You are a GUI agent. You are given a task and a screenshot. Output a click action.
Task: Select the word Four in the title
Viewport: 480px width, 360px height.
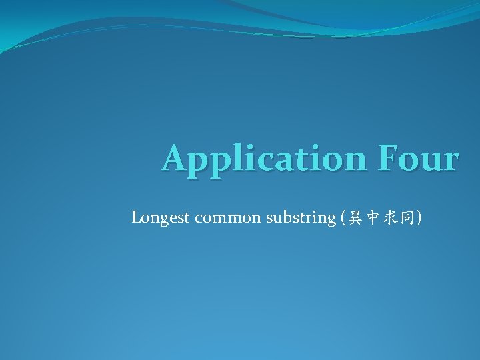pyautogui.click(x=421, y=159)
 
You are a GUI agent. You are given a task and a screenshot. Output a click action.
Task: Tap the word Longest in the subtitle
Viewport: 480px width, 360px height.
pyautogui.click(x=161, y=217)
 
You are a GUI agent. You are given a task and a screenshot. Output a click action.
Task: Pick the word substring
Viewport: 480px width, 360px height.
pyautogui.click(x=300, y=217)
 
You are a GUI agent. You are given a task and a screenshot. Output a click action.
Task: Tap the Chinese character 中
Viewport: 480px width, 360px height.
pyautogui.click(x=369, y=217)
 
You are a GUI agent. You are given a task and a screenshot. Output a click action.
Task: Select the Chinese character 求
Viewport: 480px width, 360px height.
pyautogui.click(x=387, y=217)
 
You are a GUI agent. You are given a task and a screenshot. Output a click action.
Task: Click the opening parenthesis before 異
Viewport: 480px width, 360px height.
pyautogui.click(x=341, y=217)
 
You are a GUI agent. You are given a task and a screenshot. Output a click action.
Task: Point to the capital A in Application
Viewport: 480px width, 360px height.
pyautogui.click(x=175, y=159)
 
